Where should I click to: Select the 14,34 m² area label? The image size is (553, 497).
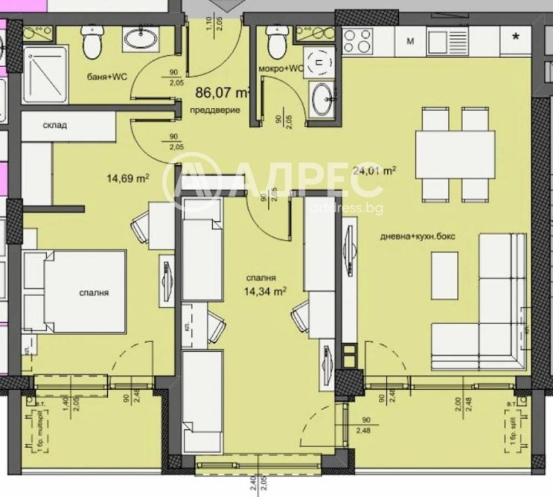tap(265, 292)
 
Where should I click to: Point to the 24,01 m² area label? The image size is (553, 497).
tap(374, 170)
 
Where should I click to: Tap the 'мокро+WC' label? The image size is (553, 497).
tap(280, 68)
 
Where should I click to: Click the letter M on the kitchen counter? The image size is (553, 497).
tap(410, 41)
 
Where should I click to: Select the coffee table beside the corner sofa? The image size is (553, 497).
tap(444, 274)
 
